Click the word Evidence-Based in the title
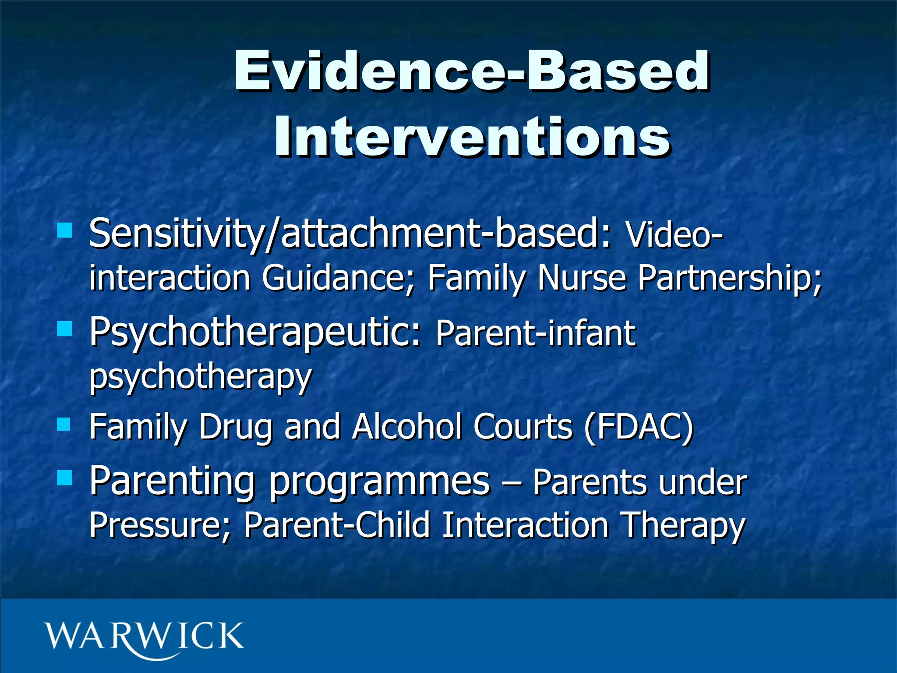471,71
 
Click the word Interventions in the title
471,137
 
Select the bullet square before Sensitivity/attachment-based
65,230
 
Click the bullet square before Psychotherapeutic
65,328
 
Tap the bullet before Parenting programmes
65,478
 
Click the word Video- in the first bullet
674,235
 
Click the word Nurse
582,279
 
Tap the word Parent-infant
535,334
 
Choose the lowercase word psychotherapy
201,377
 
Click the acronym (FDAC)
639,427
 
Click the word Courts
523,427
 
